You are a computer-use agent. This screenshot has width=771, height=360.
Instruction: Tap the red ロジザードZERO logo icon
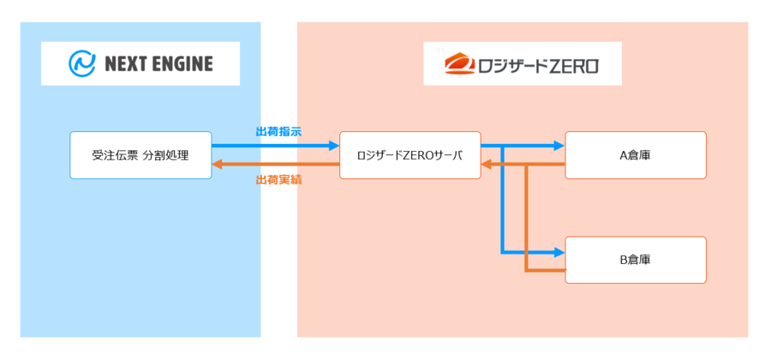pyautogui.click(x=458, y=63)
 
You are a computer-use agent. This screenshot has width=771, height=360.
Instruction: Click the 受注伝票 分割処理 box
pyautogui.click(x=140, y=155)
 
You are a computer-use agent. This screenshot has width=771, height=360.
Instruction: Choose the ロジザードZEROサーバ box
pyautogui.click(x=409, y=155)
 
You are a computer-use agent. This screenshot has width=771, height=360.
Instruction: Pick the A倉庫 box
pyautogui.click(x=636, y=155)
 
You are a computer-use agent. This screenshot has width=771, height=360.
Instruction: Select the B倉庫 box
pyautogui.click(x=636, y=260)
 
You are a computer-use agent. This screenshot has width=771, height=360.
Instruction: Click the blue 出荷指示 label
pyautogui.click(x=278, y=132)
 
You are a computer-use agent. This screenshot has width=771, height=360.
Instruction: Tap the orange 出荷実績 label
pyautogui.click(x=278, y=180)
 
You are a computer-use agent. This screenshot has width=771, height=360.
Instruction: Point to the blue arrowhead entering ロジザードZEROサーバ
pyautogui.click(x=334, y=146)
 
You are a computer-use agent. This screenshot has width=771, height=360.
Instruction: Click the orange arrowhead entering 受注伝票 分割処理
pyautogui.click(x=218, y=165)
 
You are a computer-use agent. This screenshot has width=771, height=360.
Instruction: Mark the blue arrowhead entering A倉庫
pyautogui.click(x=559, y=146)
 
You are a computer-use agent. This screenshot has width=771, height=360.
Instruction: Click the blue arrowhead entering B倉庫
pyautogui.click(x=559, y=252)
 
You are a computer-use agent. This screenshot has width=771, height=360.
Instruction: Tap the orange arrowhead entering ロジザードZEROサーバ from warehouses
pyautogui.click(x=487, y=165)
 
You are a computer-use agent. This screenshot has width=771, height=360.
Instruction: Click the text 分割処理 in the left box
pyautogui.click(x=165, y=155)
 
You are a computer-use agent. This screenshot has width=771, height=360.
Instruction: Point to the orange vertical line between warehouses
pyautogui.click(x=526, y=219)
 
